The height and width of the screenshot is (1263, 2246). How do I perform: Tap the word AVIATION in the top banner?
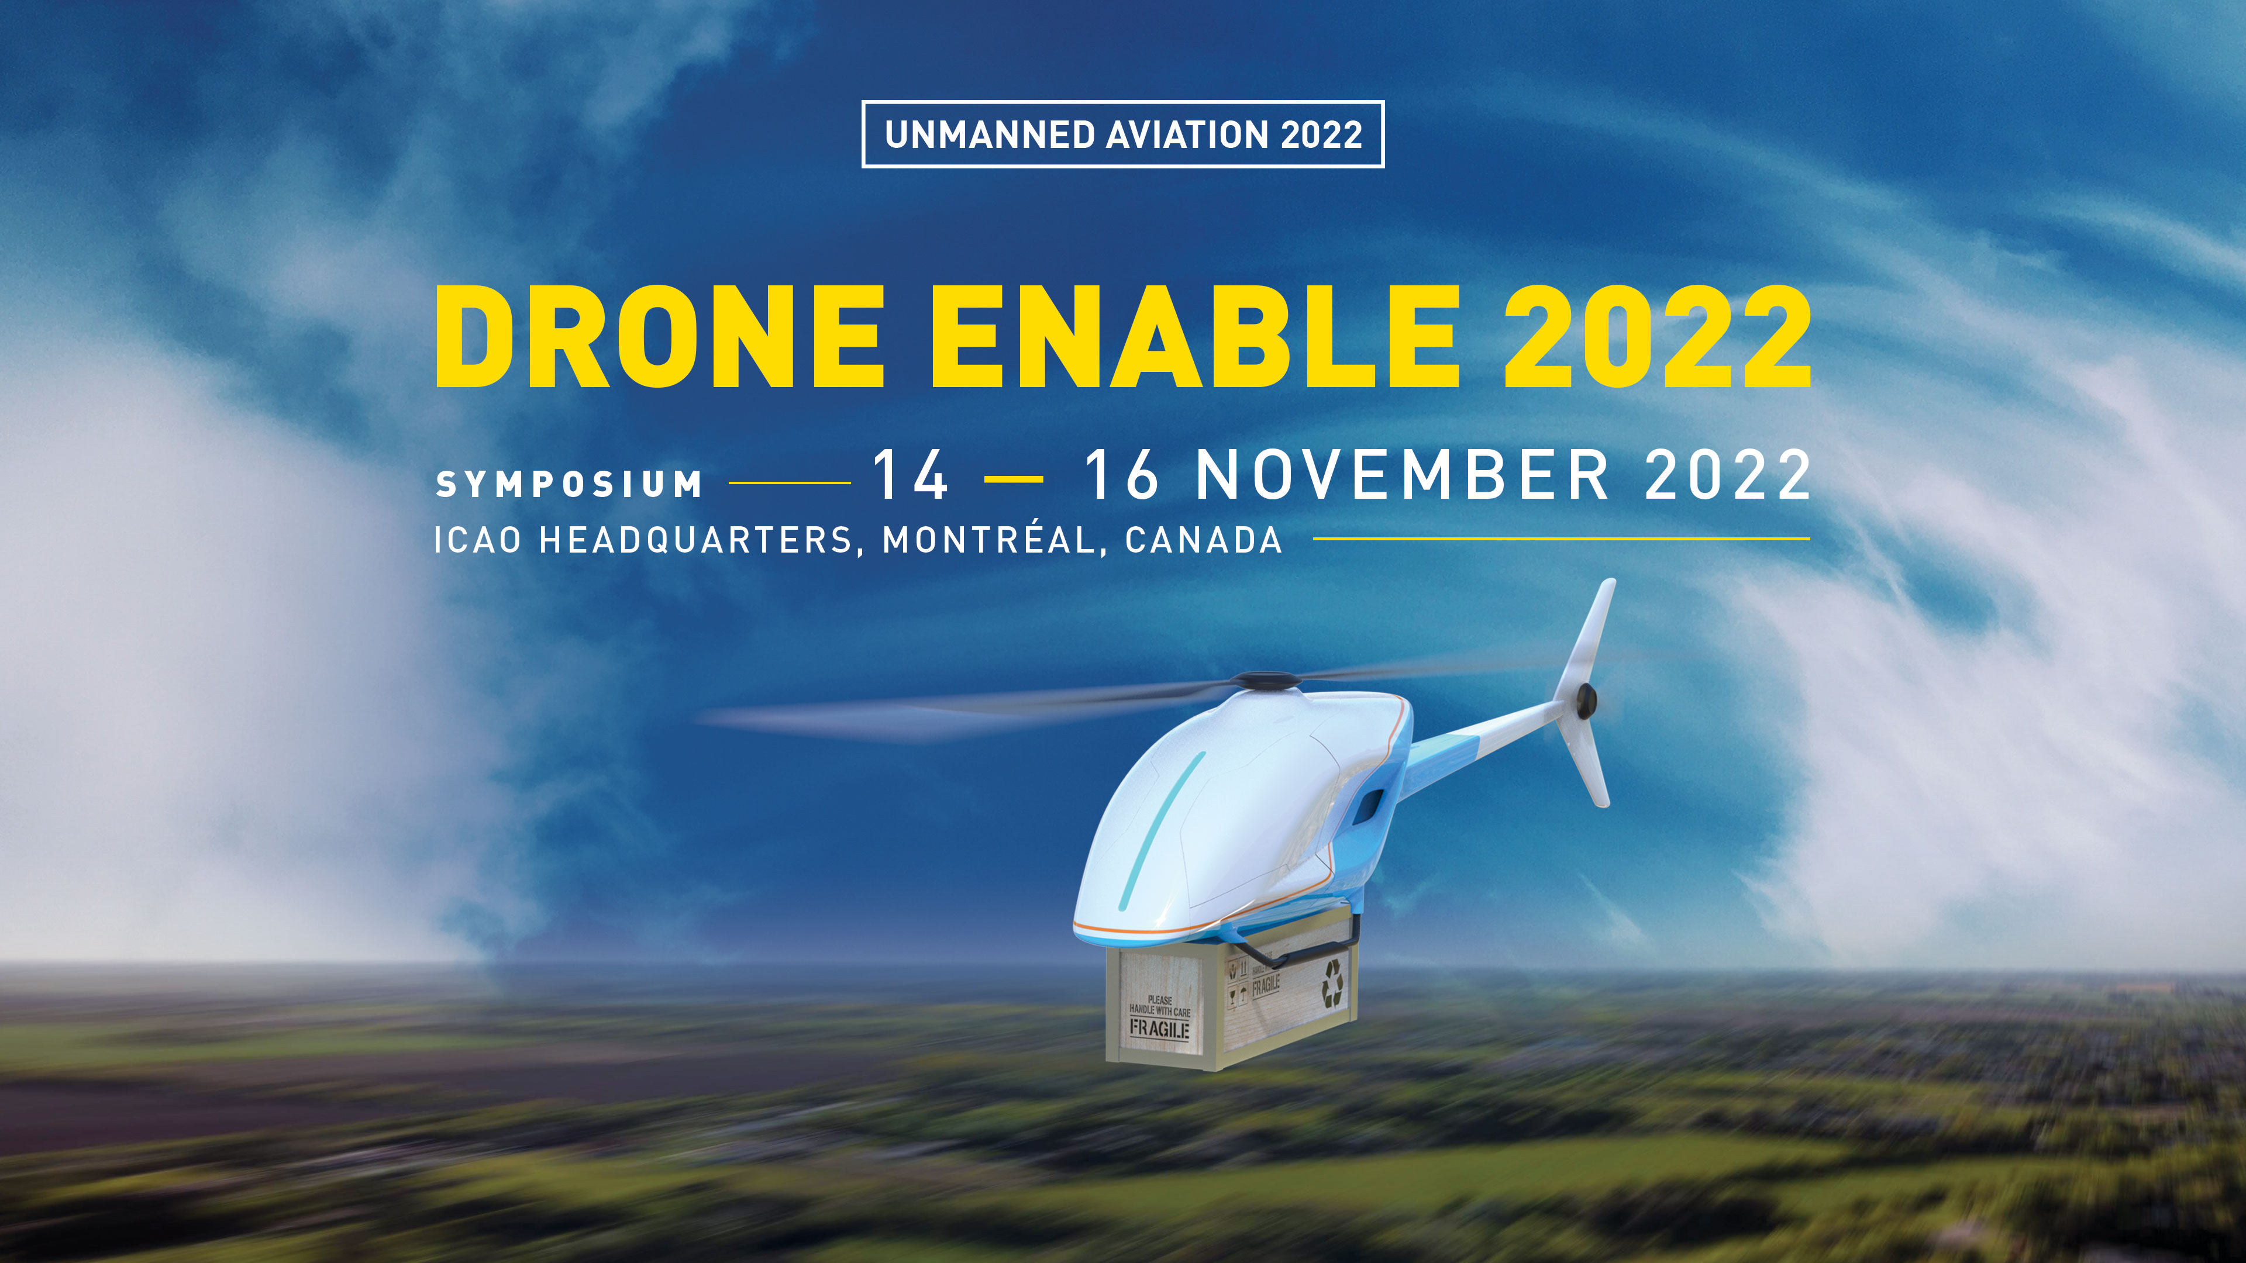click(1187, 135)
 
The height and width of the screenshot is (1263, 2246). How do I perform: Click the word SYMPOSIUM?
click(569, 484)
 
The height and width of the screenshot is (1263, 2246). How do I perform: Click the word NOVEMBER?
click(1402, 475)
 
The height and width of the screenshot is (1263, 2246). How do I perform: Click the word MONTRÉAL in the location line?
click(988, 540)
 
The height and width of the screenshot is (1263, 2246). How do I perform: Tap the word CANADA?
click(1203, 540)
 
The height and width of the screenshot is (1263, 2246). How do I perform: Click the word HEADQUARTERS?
click(696, 540)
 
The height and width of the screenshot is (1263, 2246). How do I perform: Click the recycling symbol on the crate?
click(1332, 983)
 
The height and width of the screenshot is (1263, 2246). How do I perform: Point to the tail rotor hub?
click(1585, 698)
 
